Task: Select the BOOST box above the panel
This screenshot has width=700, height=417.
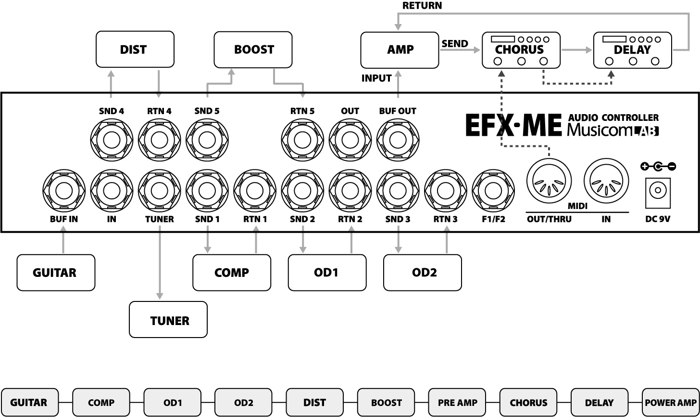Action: tap(253, 50)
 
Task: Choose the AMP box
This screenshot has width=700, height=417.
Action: tap(400, 50)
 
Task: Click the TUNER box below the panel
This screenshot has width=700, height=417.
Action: tap(168, 320)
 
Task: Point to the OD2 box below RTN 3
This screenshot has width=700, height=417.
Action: tap(423, 273)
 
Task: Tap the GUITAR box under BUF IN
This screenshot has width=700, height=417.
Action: tap(56, 273)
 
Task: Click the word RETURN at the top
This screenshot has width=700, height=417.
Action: tap(422, 6)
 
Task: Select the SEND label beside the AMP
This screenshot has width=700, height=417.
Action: tap(454, 44)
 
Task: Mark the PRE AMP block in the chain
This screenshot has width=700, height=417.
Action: tap(458, 402)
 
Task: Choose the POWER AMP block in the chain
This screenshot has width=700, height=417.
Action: tap(671, 402)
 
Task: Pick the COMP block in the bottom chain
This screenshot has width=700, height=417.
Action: tap(101, 402)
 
